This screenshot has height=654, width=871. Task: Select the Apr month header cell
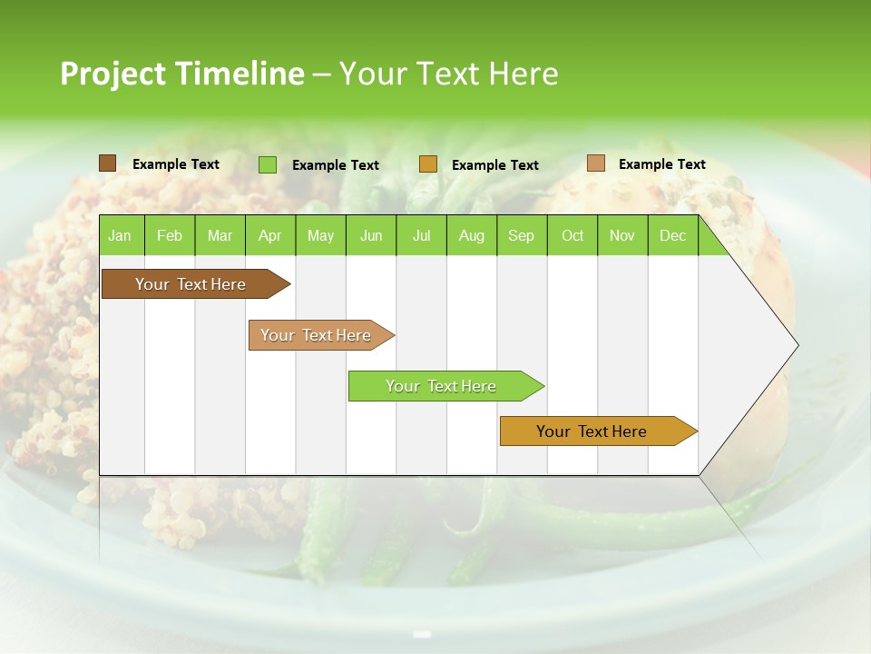click(270, 235)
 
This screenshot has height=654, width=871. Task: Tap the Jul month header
click(421, 235)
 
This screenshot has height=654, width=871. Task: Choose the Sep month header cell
click(522, 235)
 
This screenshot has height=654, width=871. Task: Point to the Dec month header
click(672, 235)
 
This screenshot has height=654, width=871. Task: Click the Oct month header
click(573, 235)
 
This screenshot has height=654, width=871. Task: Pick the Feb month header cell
click(170, 235)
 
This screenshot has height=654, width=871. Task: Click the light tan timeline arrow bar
click(318, 335)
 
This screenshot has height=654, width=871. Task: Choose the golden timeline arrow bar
click(594, 431)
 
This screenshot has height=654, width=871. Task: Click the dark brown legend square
click(108, 163)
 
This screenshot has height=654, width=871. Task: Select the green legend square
click(268, 164)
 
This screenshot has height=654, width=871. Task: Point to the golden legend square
click(428, 164)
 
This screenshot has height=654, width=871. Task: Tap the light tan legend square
click(596, 163)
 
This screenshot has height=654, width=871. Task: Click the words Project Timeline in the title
click(181, 74)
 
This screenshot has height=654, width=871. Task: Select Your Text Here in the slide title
click(448, 74)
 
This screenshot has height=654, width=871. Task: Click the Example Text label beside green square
click(336, 165)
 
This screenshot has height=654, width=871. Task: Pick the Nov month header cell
click(622, 235)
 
